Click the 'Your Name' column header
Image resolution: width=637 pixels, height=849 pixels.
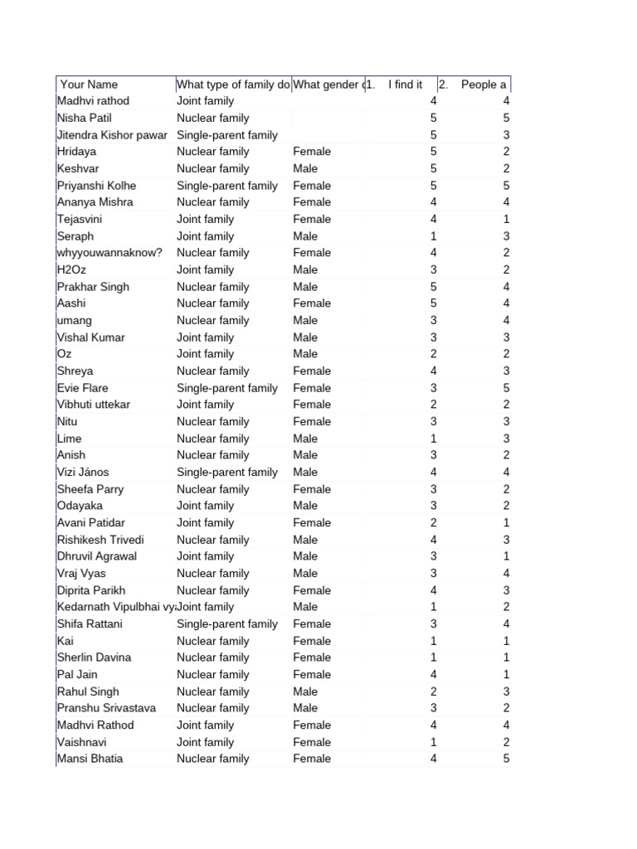[x=90, y=85]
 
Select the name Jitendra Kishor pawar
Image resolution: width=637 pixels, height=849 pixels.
[x=112, y=135]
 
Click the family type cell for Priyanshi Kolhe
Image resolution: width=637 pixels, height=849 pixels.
[x=226, y=186]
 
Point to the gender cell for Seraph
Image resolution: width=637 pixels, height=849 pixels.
[x=305, y=236]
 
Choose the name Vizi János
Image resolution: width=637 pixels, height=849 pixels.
[x=83, y=473]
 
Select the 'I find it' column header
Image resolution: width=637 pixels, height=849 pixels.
[x=405, y=85]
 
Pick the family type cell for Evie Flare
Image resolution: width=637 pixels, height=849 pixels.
[x=226, y=388]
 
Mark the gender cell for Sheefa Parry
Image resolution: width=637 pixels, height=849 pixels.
[x=312, y=489]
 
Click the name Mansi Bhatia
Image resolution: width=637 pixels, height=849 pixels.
[x=90, y=759]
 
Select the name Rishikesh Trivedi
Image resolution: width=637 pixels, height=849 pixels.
[x=100, y=540]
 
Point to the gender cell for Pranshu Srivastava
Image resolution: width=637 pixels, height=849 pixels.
[x=305, y=708]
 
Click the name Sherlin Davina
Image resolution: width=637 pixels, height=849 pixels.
[x=94, y=657]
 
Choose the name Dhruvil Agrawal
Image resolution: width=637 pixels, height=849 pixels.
[x=97, y=556]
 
